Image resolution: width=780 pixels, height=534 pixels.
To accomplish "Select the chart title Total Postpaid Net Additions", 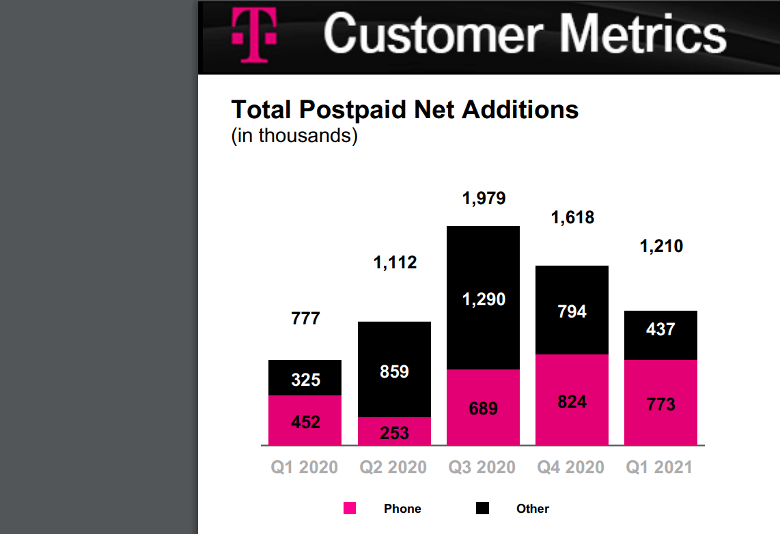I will click(405, 109).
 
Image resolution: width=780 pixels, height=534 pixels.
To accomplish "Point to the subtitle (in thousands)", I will click(294, 135).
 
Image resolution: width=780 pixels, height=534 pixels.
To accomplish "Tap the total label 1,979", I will click(484, 199).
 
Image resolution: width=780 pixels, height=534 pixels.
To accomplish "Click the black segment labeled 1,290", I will click(484, 298).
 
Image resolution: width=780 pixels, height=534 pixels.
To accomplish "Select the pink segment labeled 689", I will click(484, 408).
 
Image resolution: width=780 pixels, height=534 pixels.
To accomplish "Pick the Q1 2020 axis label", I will click(305, 468).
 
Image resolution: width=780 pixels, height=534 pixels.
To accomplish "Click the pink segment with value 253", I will click(395, 432).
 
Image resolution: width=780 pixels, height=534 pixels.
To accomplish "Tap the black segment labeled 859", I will click(395, 371).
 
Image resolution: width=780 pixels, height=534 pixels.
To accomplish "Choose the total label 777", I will click(305, 319).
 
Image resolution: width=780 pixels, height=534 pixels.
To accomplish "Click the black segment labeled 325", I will click(305, 378).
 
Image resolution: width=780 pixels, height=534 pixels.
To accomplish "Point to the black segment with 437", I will click(660, 329).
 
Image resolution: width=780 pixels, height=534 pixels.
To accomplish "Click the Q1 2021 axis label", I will click(660, 468).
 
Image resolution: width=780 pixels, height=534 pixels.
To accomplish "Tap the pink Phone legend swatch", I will click(350, 508).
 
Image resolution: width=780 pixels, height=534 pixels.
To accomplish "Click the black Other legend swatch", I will click(483, 508).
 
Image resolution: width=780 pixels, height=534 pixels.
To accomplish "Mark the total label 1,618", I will click(572, 218).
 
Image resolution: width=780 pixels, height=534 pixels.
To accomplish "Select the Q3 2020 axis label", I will click(482, 468).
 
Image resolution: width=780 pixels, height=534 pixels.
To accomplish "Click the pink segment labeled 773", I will click(660, 404).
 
